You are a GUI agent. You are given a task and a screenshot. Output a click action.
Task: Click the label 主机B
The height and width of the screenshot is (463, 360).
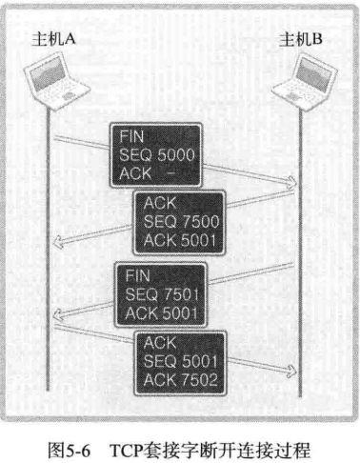click(303, 39)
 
